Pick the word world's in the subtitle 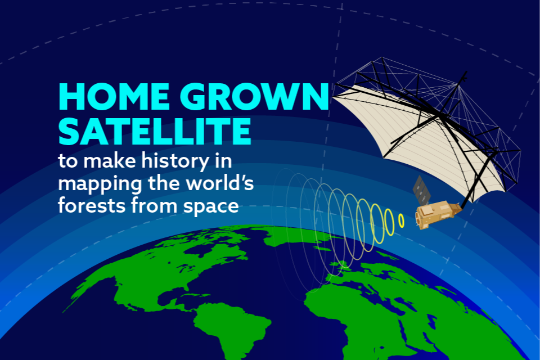click(220, 183)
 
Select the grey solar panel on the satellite click(422, 190)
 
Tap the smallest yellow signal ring click(401, 220)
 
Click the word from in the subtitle click(154, 205)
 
